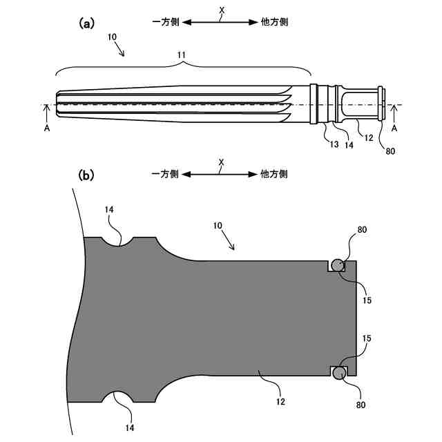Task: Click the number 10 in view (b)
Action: point(218,226)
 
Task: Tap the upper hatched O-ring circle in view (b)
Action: point(338,264)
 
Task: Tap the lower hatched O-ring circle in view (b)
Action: point(338,373)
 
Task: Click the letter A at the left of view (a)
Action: point(46,128)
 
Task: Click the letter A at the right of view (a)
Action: point(394,128)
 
